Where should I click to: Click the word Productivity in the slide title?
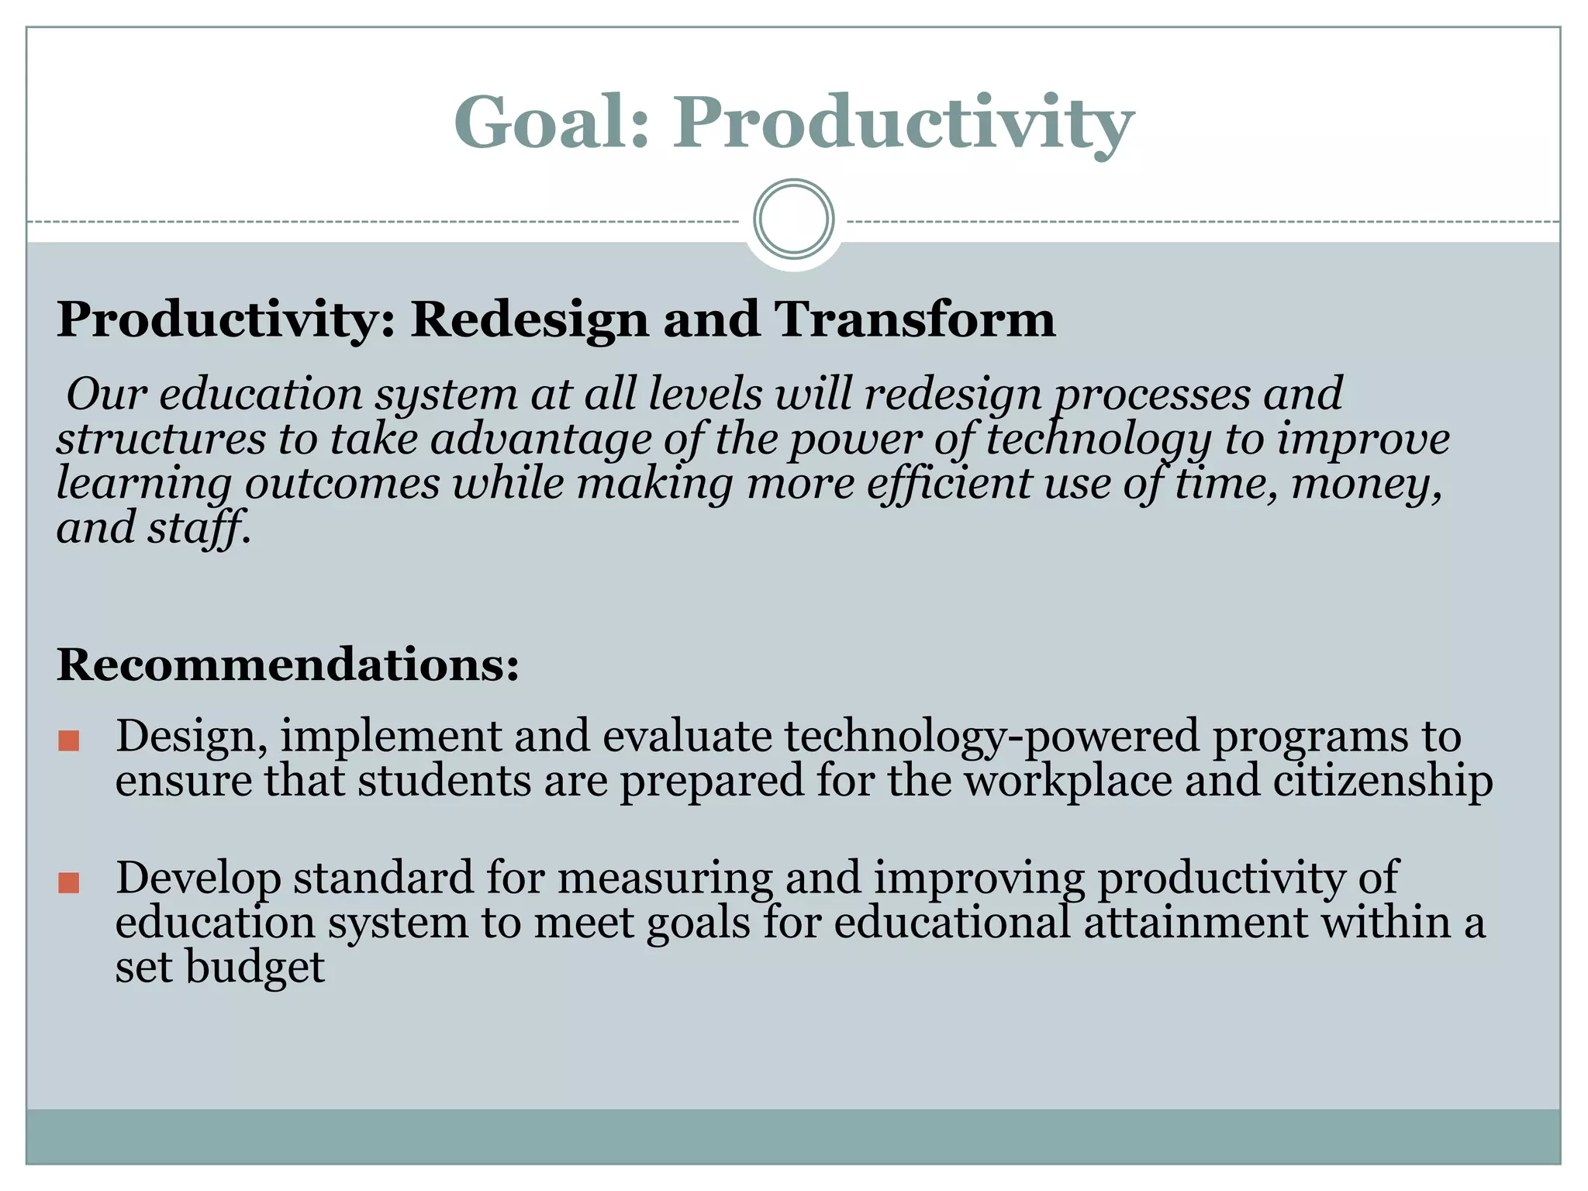click(x=903, y=123)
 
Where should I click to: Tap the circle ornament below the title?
click(x=793, y=219)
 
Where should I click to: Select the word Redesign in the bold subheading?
click(x=530, y=319)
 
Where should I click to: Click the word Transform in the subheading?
click(x=915, y=319)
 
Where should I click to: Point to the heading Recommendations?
click(x=288, y=665)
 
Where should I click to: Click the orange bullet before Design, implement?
click(x=69, y=740)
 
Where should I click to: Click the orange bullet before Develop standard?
click(x=69, y=882)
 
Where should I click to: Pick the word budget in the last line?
click(x=254, y=968)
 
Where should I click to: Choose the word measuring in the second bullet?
click(x=665, y=878)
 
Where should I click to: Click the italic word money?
click(x=1367, y=484)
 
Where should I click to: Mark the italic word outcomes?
click(x=343, y=484)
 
